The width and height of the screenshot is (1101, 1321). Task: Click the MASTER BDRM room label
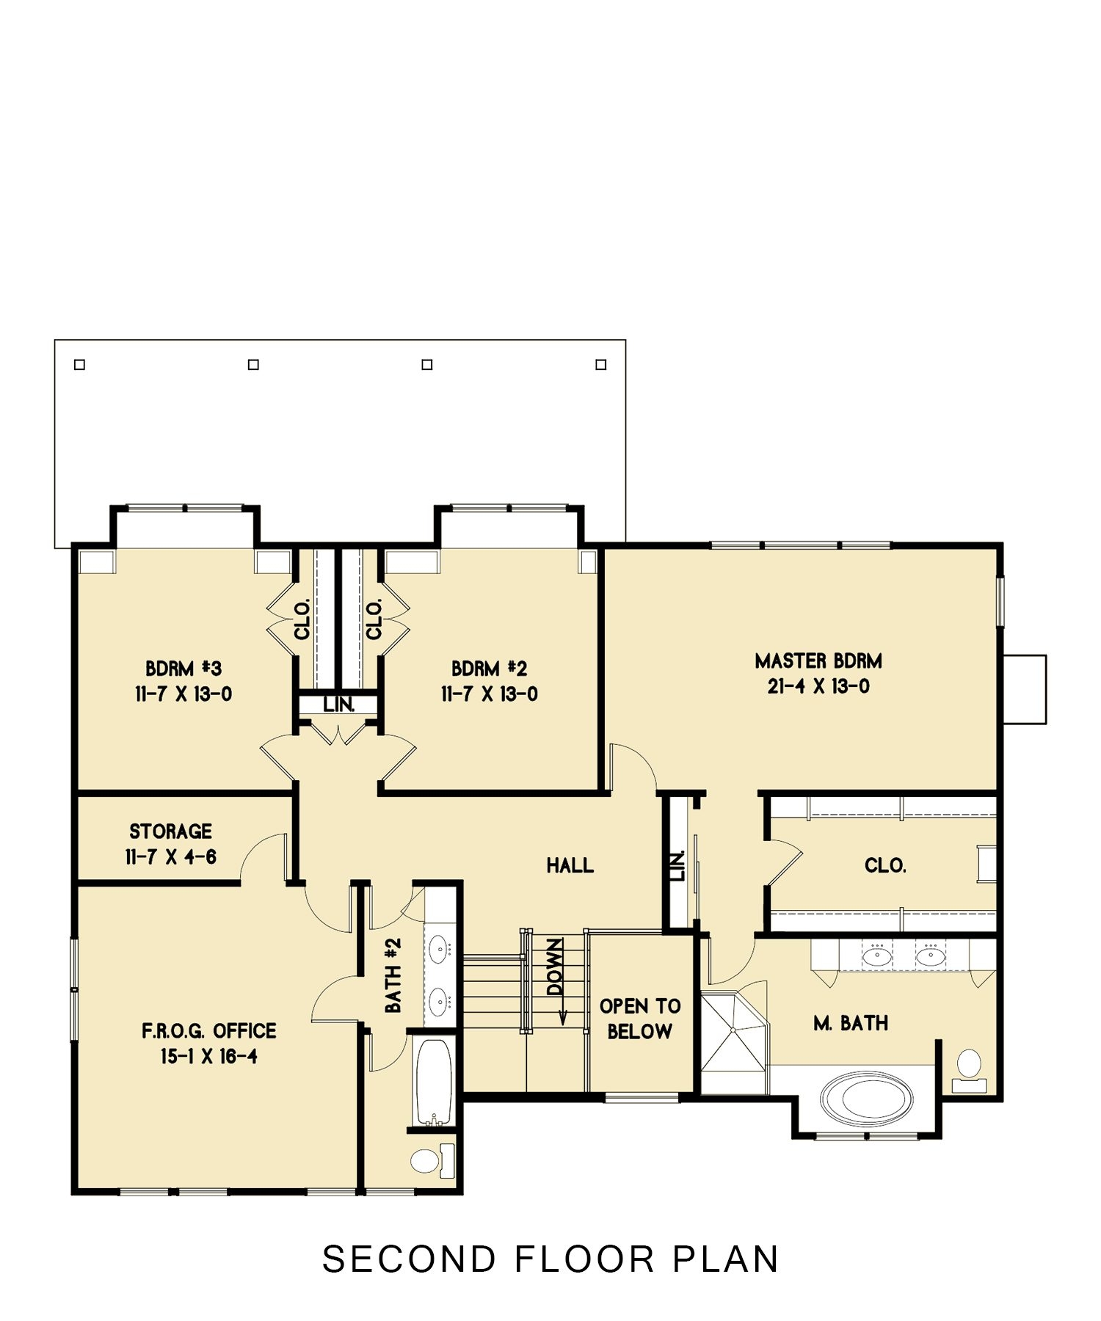[x=818, y=661]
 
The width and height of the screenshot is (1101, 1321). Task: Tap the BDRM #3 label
[x=183, y=669]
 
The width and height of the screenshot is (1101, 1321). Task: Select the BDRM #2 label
[x=489, y=669]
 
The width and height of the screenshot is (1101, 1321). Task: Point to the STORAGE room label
[x=170, y=831]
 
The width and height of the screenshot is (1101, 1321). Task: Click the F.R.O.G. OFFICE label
[x=209, y=1031]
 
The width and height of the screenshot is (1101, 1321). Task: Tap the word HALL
[x=570, y=866]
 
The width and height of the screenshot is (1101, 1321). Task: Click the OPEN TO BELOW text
[x=640, y=1019]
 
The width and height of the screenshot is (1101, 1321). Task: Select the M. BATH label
[x=851, y=1023]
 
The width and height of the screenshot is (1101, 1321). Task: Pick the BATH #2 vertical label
[x=393, y=975]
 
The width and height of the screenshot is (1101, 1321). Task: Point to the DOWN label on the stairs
[x=556, y=967]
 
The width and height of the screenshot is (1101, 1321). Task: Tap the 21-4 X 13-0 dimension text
[x=818, y=687]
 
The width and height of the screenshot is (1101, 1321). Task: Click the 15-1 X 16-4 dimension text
[x=209, y=1057]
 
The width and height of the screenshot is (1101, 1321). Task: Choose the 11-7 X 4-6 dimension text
[x=170, y=857]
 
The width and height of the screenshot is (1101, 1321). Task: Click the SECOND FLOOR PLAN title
[x=550, y=1259]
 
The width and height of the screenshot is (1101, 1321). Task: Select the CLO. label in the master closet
[x=885, y=866]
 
